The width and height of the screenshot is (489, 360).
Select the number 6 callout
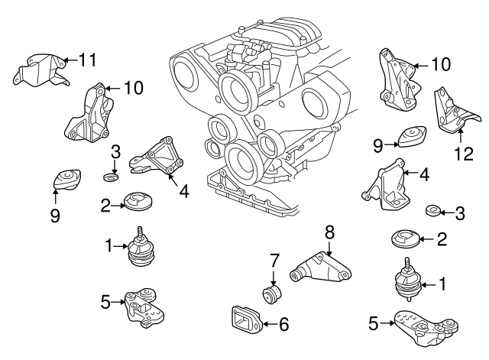(x=283, y=325)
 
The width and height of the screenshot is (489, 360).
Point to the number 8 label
(x=329, y=229)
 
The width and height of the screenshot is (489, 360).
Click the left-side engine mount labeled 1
(x=141, y=252)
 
